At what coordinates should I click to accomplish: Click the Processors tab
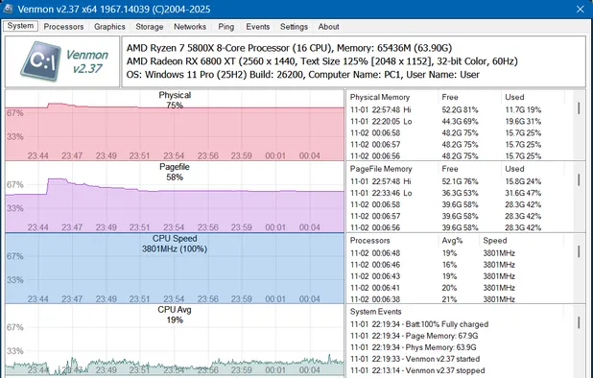point(64,27)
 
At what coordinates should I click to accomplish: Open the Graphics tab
point(110,27)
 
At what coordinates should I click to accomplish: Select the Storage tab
point(150,27)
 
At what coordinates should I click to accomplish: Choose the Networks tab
point(190,27)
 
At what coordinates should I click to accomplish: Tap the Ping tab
point(225,27)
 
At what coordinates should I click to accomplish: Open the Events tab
point(257,27)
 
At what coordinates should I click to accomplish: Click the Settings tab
point(293,27)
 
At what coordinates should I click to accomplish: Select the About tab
point(328,27)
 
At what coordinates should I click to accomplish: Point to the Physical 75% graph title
point(174,101)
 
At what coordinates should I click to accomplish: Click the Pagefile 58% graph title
point(174,172)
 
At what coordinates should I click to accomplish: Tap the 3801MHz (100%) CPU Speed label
point(174,248)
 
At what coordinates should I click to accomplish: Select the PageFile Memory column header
point(381,169)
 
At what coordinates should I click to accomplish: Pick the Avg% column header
point(451,241)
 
